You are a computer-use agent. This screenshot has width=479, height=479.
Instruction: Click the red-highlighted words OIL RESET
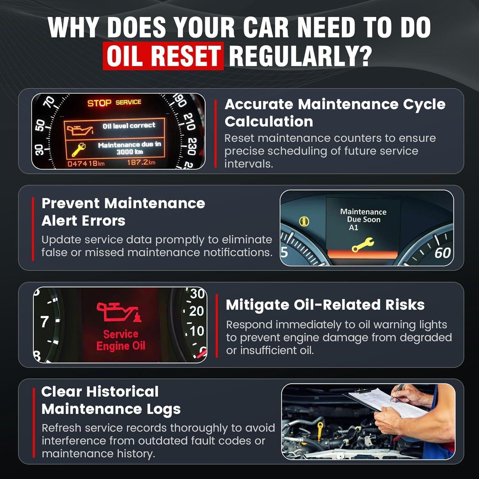point(163,56)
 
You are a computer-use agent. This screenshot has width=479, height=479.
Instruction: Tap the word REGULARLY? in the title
point(300,56)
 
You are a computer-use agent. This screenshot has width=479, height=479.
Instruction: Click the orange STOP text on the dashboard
point(99,103)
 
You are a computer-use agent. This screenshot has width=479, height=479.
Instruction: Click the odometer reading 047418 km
point(86,164)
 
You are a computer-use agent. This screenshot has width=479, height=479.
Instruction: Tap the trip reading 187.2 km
point(141,163)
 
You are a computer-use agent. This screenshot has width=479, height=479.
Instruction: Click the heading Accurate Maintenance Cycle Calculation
point(335,113)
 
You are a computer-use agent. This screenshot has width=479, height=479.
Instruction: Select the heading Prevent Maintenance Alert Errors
point(123,212)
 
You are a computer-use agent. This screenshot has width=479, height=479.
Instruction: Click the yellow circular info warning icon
point(304,221)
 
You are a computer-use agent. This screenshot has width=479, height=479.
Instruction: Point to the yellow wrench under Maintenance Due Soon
point(362,245)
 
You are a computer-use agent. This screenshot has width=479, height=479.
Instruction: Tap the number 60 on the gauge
point(442,253)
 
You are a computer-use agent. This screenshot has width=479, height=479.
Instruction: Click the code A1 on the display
point(354,228)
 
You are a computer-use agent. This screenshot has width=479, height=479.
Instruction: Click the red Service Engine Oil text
point(121,340)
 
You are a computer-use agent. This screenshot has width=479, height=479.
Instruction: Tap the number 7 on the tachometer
point(45,322)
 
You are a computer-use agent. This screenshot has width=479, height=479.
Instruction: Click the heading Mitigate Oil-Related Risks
point(325,305)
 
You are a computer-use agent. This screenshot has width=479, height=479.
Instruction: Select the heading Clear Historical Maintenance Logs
point(111,400)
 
